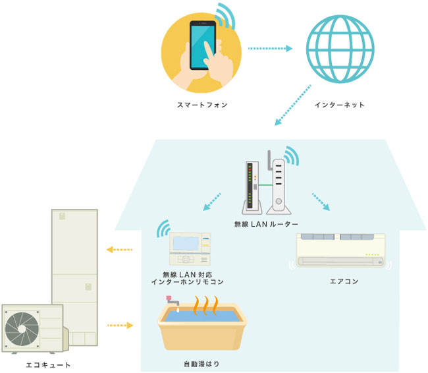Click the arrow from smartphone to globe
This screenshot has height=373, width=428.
point(270,48)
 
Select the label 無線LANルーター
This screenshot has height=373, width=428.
point(267,225)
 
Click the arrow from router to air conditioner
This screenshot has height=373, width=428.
point(321,202)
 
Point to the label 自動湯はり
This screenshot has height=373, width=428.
point(200,363)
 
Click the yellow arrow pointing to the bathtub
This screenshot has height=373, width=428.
point(120,325)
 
